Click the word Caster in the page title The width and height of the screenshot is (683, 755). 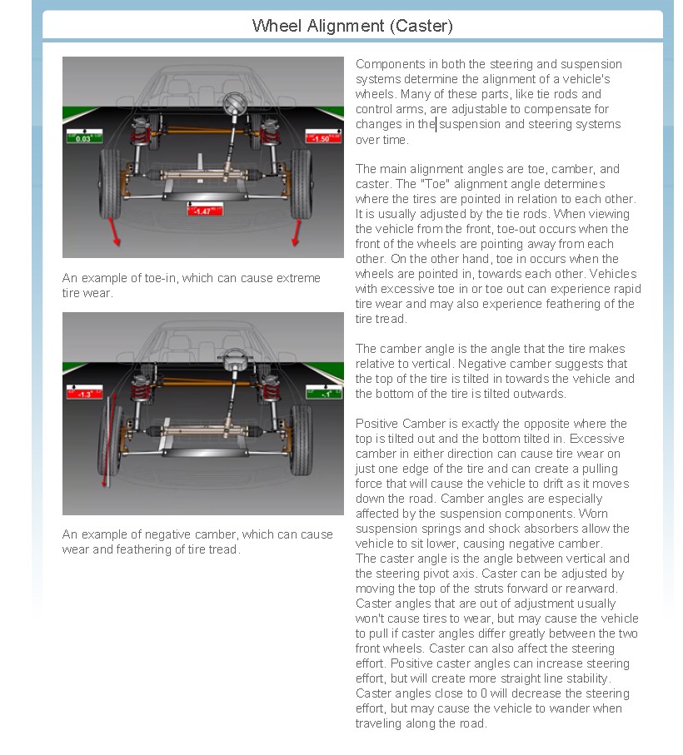pyautogui.click(x=421, y=26)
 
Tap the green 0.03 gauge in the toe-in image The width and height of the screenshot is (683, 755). pyautogui.click(x=84, y=137)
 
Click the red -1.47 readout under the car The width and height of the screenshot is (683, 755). pyautogui.click(x=202, y=211)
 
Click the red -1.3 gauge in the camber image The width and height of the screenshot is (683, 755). pyautogui.click(x=84, y=392)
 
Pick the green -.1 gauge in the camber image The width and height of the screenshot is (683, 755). pyautogui.click(x=324, y=392)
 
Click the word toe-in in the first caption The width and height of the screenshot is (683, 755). pyautogui.click(x=158, y=279)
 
